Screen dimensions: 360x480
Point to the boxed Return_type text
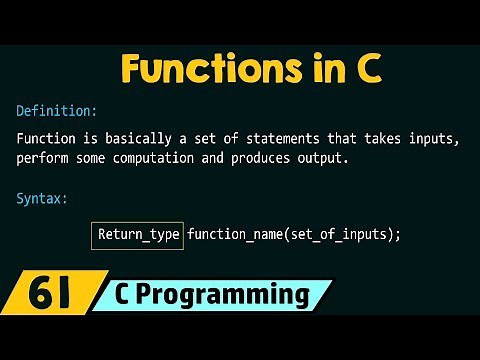pyautogui.click(x=138, y=235)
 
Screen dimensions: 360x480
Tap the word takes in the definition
pyautogui.click(x=378, y=137)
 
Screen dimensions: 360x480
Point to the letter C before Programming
pyautogui.click(x=134, y=295)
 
